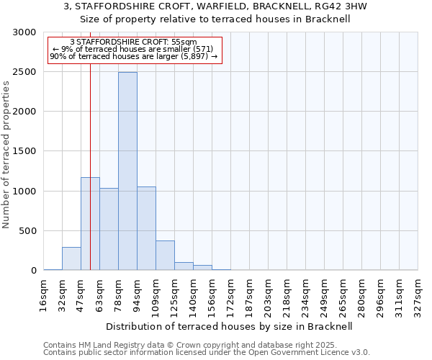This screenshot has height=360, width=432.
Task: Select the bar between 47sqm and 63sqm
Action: tap(90, 223)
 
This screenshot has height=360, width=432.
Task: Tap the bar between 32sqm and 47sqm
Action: tap(71, 258)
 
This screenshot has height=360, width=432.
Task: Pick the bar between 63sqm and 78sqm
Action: tap(109, 229)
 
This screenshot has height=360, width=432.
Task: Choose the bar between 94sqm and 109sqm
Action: tap(146, 228)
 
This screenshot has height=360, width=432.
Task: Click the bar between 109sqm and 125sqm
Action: tap(165, 256)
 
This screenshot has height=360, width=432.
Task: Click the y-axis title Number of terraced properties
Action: tap(6, 155)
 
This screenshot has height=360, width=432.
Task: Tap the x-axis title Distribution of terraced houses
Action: tap(230, 326)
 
